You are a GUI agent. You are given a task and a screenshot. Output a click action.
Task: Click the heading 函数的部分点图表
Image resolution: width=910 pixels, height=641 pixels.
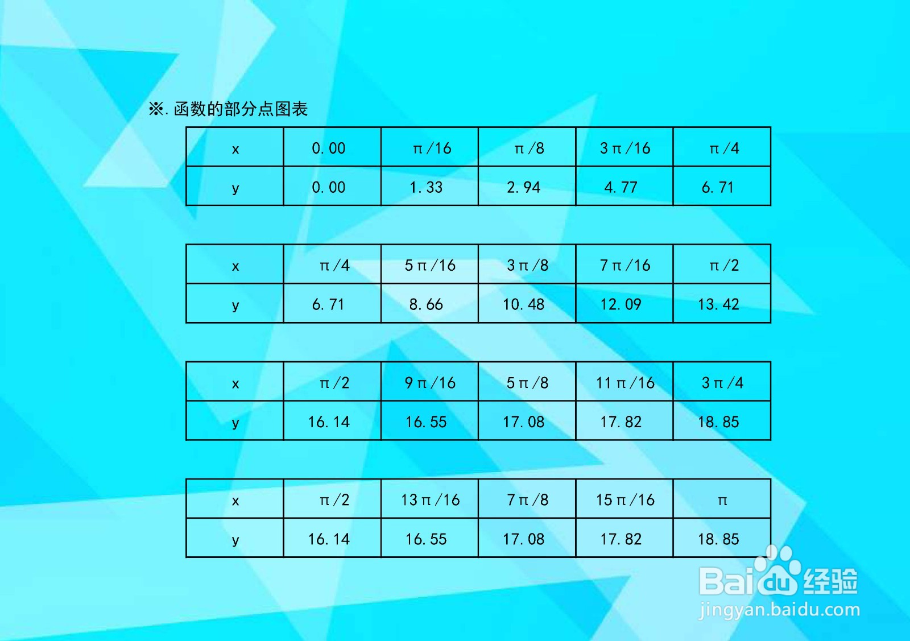click(241, 109)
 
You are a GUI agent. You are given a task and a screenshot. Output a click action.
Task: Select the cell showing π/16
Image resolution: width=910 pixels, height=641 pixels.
click(430, 147)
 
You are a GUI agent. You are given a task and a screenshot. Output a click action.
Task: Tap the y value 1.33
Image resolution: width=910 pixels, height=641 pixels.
click(430, 185)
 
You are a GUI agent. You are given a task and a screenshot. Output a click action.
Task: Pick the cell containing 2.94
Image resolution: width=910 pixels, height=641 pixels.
click(527, 185)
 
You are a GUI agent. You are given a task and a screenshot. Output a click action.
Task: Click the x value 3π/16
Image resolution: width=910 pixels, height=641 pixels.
click(624, 147)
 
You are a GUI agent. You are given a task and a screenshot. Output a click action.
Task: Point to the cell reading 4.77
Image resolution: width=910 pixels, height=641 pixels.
click(624, 185)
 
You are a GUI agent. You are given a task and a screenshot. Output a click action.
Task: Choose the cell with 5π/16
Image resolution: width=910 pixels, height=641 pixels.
click(430, 264)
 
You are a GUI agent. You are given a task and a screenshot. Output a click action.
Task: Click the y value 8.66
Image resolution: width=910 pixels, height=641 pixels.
click(430, 303)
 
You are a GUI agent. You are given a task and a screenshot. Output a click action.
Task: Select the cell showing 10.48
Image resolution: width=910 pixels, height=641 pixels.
click(527, 303)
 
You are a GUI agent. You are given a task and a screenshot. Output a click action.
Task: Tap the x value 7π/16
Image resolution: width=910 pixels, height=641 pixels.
click(624, 264)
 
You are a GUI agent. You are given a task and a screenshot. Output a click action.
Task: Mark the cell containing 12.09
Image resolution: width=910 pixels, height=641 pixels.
click(624, 303)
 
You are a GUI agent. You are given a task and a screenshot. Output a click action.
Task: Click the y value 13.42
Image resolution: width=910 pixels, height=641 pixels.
click(722, 303)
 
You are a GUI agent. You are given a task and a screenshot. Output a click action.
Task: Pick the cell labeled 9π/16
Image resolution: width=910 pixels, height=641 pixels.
click(430, 382)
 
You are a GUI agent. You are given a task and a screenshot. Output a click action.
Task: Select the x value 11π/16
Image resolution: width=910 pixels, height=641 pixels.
click(624, 382)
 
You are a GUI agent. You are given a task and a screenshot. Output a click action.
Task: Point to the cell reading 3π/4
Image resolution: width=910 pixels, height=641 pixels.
click(722, 382)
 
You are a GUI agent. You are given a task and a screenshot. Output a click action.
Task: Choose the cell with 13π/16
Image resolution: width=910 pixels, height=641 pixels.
click(430, 498)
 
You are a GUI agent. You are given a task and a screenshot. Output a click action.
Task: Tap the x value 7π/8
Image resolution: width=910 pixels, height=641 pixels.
click(527, 498)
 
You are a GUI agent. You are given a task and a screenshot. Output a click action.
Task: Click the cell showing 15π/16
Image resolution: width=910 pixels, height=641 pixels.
click(624, 498)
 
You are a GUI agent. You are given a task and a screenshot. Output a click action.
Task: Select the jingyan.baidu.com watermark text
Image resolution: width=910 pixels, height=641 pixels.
click(779, 610)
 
